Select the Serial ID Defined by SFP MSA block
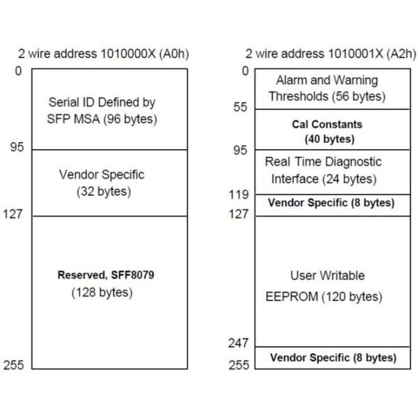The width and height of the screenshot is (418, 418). pyautogui.click(x=110, y=111)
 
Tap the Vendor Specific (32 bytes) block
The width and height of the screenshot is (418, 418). pyautogui.click(x=110, y=183)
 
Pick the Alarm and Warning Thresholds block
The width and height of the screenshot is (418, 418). pyautogui.click(x=331, y=88)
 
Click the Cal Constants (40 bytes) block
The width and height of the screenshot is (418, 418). pyautogui.click(x=331, y=132)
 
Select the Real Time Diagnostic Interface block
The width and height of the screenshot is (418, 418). pyautogui.click(x=331, y=171)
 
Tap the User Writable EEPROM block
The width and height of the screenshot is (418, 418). pyautogui.click(x=331, y=286)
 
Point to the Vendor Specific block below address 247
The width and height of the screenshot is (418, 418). pyautogui.click(x=332, y=357)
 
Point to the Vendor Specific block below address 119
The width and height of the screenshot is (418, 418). pyautogui.click(x=332, y=203)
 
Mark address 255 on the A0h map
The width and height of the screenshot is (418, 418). pyautogui.click(x=15, y=365)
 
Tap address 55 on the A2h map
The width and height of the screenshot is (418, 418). pyautogui.click(x=240, y=108)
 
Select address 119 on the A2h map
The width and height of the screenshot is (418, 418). pyautogui.click(x=239, y=196)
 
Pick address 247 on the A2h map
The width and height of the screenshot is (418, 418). pyautogui.click(x=239, y=343)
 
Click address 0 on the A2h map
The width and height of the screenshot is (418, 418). pyautogui.click(x=245, y=70)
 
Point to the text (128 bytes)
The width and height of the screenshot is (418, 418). pyautogui.click(x=102, y=293)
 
